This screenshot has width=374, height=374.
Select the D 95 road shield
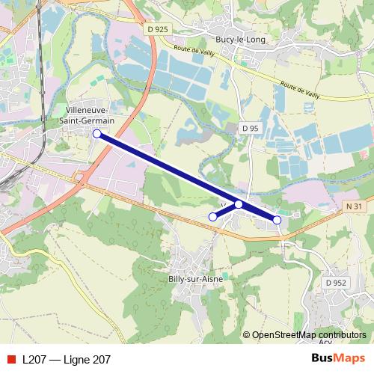(250, 129)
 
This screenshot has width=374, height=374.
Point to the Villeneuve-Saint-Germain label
(90, 114)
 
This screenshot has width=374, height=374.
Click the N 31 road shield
(354, 206)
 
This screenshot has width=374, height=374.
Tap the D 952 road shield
(336, 283)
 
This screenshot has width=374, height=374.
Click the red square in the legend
(10, 360)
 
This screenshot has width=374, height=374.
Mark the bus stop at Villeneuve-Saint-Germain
(96, 134)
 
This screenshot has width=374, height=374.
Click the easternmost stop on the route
(277, 220)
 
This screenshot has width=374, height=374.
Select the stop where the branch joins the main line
(239, 203)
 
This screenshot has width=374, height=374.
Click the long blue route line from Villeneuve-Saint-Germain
(165, 168)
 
